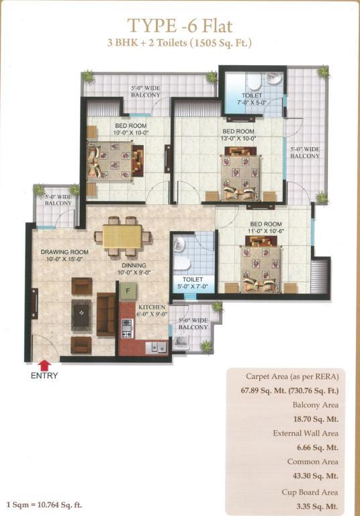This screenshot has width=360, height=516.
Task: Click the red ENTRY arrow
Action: tap(45, 365)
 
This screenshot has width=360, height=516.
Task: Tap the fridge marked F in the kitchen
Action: tap(128, 291)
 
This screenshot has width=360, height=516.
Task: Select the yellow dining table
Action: tap(122, 236)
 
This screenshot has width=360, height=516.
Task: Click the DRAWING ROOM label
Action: tap(64, 252)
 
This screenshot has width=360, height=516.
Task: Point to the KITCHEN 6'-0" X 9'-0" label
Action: tap(152, 310)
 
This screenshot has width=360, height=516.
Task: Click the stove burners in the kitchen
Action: tap(127, 328)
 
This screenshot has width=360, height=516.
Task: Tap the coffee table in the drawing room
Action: tap(81, 315)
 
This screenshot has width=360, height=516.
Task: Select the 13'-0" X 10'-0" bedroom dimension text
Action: tap(238, 138)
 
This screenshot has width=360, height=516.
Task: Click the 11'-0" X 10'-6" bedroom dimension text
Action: tap(266, 231)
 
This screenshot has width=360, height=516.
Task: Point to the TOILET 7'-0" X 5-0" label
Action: tap(252, 99)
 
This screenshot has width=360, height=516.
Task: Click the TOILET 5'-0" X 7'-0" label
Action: tap(193, 283)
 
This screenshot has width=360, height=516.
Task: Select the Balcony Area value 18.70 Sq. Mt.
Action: tap(316, 419)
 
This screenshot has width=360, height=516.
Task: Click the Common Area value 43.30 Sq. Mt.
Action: tap(316, 476)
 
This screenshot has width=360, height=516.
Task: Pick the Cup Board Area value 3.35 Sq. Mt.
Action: tap(318, 507)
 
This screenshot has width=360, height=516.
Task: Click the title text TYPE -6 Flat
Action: tap(180, 26)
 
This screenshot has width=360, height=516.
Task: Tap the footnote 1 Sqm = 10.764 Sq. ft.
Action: tap(44, 505)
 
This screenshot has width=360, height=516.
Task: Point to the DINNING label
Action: tap(134, 265)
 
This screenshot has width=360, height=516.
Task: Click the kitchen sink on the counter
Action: tap(156, 347)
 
